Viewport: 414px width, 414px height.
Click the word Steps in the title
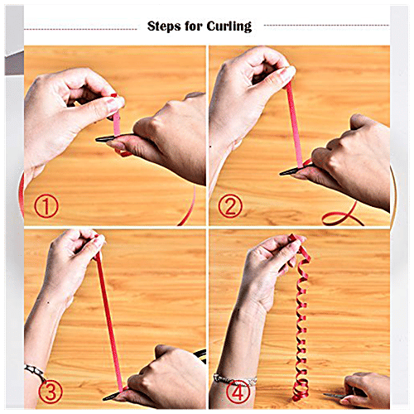(165, 26)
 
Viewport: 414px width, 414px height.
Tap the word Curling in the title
(227, 26)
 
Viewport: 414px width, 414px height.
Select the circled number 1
(46, 205)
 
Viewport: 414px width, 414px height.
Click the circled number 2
(230, 205)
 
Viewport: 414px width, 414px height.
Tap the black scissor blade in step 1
(108, 140)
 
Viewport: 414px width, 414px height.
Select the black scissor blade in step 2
(290, 171)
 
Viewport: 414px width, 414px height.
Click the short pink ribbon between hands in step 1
(116, 123)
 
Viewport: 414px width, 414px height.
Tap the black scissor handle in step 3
(200, 354)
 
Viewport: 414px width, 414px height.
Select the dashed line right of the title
(323, 26)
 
